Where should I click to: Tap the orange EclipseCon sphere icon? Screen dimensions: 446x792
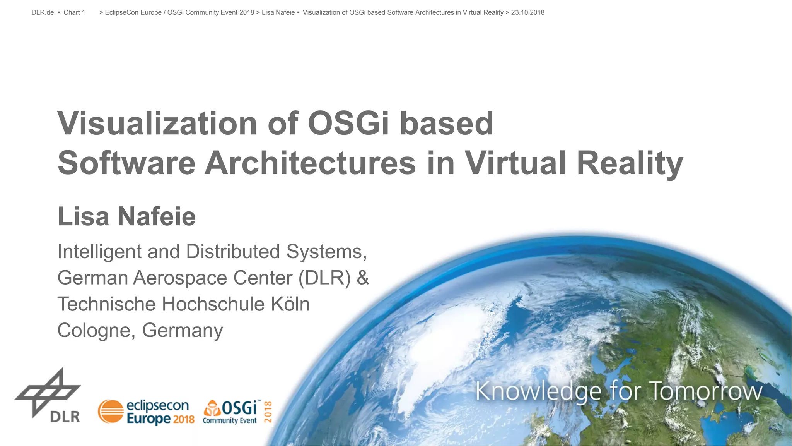tap(111, 412)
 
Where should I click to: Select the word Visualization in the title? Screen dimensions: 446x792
tap(157, 124)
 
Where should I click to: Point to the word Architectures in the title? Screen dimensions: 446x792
tap(310, 163)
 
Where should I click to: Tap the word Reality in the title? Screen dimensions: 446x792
tap(630, 163)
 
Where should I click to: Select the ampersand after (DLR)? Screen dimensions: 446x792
tap(363, 278)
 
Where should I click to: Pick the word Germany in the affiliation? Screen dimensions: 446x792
tap(183, 330)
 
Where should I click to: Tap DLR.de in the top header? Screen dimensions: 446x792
tap(43, 12)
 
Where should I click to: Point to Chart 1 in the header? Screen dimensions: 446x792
tap(74, 12)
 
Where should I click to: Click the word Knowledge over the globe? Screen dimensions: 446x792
tap(538, 391)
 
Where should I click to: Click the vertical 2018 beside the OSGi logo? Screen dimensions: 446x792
tap(268, 412)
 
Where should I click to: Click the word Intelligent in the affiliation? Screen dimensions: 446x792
tap(99, 252)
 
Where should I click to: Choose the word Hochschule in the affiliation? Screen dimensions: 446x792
tap(213, 304)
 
